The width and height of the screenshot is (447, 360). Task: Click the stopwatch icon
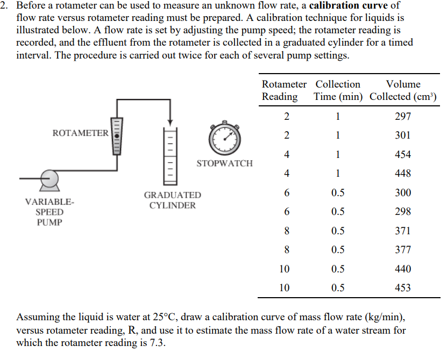pos(226,139)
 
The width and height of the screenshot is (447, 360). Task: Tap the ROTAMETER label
pos(81,133)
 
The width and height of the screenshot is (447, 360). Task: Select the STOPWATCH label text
pos(224,163)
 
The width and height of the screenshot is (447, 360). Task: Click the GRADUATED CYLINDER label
pos(172,200)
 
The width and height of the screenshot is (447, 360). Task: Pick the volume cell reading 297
pos(402,117)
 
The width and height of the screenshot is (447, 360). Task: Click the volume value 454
pos(402,155)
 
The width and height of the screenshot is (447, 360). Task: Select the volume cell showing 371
pos(402,231)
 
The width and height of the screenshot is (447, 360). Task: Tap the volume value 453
pos(402,288)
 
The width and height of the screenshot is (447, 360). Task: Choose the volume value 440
pos(402,269)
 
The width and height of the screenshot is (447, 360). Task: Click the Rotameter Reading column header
pos(284,90)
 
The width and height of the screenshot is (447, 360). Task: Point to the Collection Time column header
pos(338,90)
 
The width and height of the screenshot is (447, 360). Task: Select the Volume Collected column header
pos(403,90)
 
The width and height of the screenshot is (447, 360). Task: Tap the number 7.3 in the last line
pos(156,342)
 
